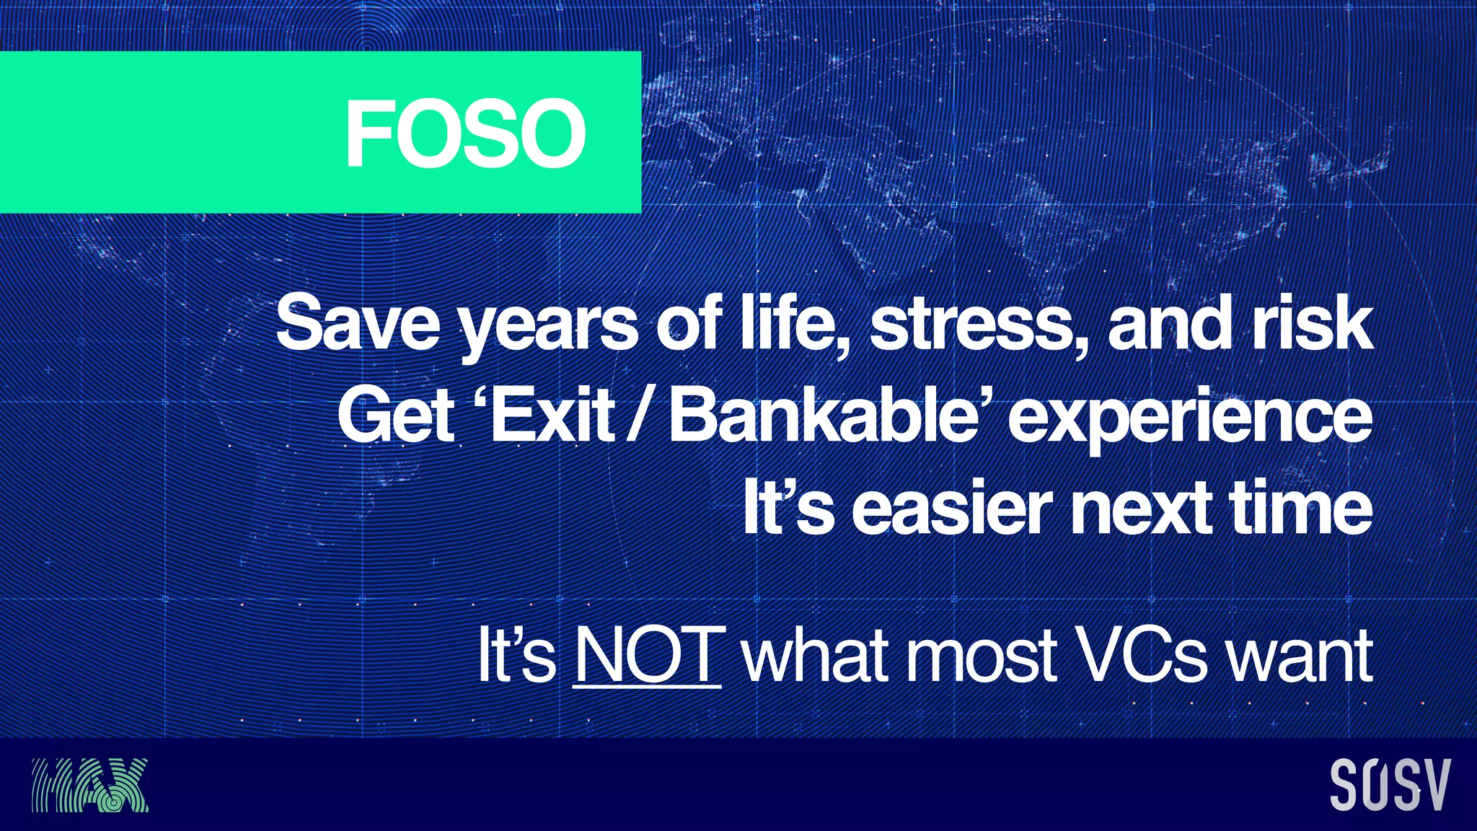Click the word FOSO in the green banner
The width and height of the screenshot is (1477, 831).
click(465, 133)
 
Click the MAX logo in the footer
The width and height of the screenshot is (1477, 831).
click(90, 785)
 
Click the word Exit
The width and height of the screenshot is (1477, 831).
click(552, 416)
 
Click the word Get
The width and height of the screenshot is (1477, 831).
click(397, 416)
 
